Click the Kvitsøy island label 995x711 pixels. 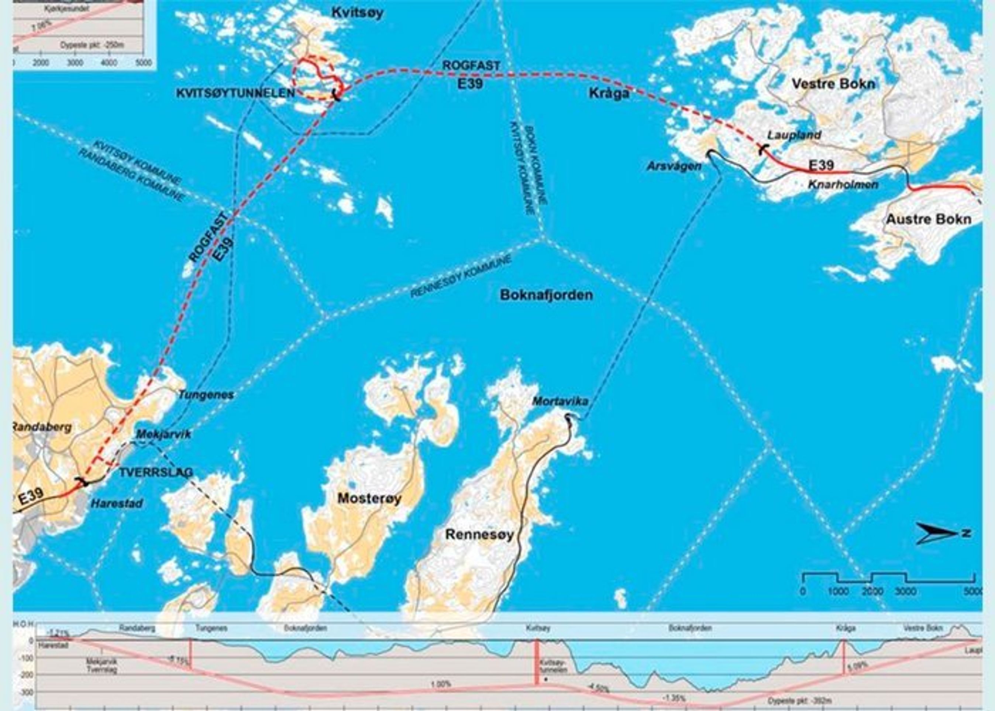pyautogui.click(x=357, y=13)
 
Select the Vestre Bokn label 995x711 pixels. pyautogui.click(x=833, y=84)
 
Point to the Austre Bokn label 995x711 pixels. pyautogui.click(x=929, y=219)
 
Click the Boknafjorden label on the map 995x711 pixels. pyautogui.click(x=546, y=295)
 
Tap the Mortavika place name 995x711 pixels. pyautogui.click(x=560, y=402)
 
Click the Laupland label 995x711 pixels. pyautogui.click(x=793, y=135)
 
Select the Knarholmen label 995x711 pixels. pyautogui.click(x=843, y=184)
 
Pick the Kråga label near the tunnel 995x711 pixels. pyautogui.click(x=609, y=93)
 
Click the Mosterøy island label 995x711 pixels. pyautogui.click(x=369, y=499)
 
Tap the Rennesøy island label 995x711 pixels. pyautogui.click(x=479, y=535)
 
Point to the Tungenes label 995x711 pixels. pyautogui.click(x=206, y=395)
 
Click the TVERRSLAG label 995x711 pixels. pyautogui.click(x=156, y=473)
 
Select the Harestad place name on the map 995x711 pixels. pyautogui.click(x=117, y=504)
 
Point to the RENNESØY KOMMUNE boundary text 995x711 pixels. pyautogui.click(x=461, y=277)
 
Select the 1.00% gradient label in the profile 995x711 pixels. pyautogui.click(x=440, y=683)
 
